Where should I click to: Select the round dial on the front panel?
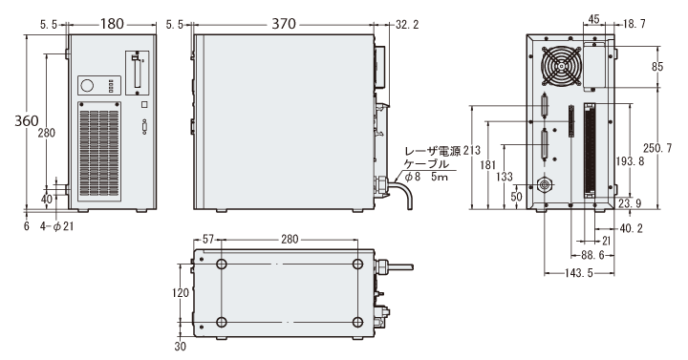pos(88,85)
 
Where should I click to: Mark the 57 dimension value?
pos(208,239)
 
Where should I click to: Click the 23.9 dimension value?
pos(630,202)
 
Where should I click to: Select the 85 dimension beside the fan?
pos(657,67)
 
